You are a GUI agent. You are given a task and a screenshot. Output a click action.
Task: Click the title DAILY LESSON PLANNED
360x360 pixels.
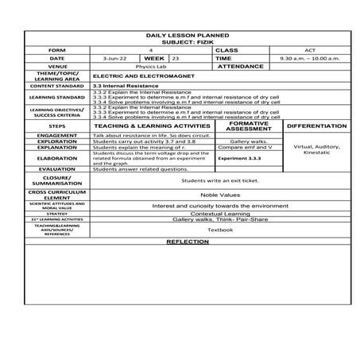[x=188, y=36]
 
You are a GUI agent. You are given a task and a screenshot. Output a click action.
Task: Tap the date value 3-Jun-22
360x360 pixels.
[x=114, y=59]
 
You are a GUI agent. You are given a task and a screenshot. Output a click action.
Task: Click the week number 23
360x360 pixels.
[x=176, y=59]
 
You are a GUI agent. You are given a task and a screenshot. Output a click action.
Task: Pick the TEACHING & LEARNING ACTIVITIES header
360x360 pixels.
[x=152, y=126]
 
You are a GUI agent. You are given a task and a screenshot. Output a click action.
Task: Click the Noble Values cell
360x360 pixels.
[x=219, y=195]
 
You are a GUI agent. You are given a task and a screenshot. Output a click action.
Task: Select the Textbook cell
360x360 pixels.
[x=219, y=230]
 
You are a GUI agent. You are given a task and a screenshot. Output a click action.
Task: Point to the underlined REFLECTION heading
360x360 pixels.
[x=188, y=241]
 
